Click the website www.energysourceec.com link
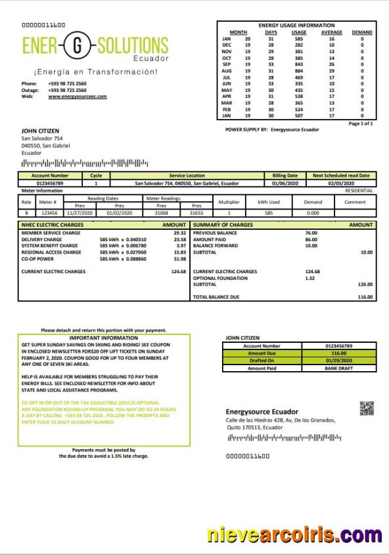(x=77, y=96)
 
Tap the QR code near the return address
(x=367, y=408)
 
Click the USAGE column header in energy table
(x=299, y=32)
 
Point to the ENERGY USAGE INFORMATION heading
(x=296, y=26)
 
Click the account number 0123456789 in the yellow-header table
(x=50, y=183)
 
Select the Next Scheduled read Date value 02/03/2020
(x=340, y=183)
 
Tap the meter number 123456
(x=49, y=213)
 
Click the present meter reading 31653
(x=196, y=213)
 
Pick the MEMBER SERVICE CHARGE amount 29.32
(x=179, y=233)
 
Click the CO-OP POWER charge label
(x=37, y=258)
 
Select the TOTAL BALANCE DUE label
(x=216, y=297)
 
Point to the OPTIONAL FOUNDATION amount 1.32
(x=310, y=278)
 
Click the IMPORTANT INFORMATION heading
(x=95, y=338)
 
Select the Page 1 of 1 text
(x=361, y=123)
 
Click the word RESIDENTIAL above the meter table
(x=359, y=190)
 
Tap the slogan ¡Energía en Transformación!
(x=96, y=71)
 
